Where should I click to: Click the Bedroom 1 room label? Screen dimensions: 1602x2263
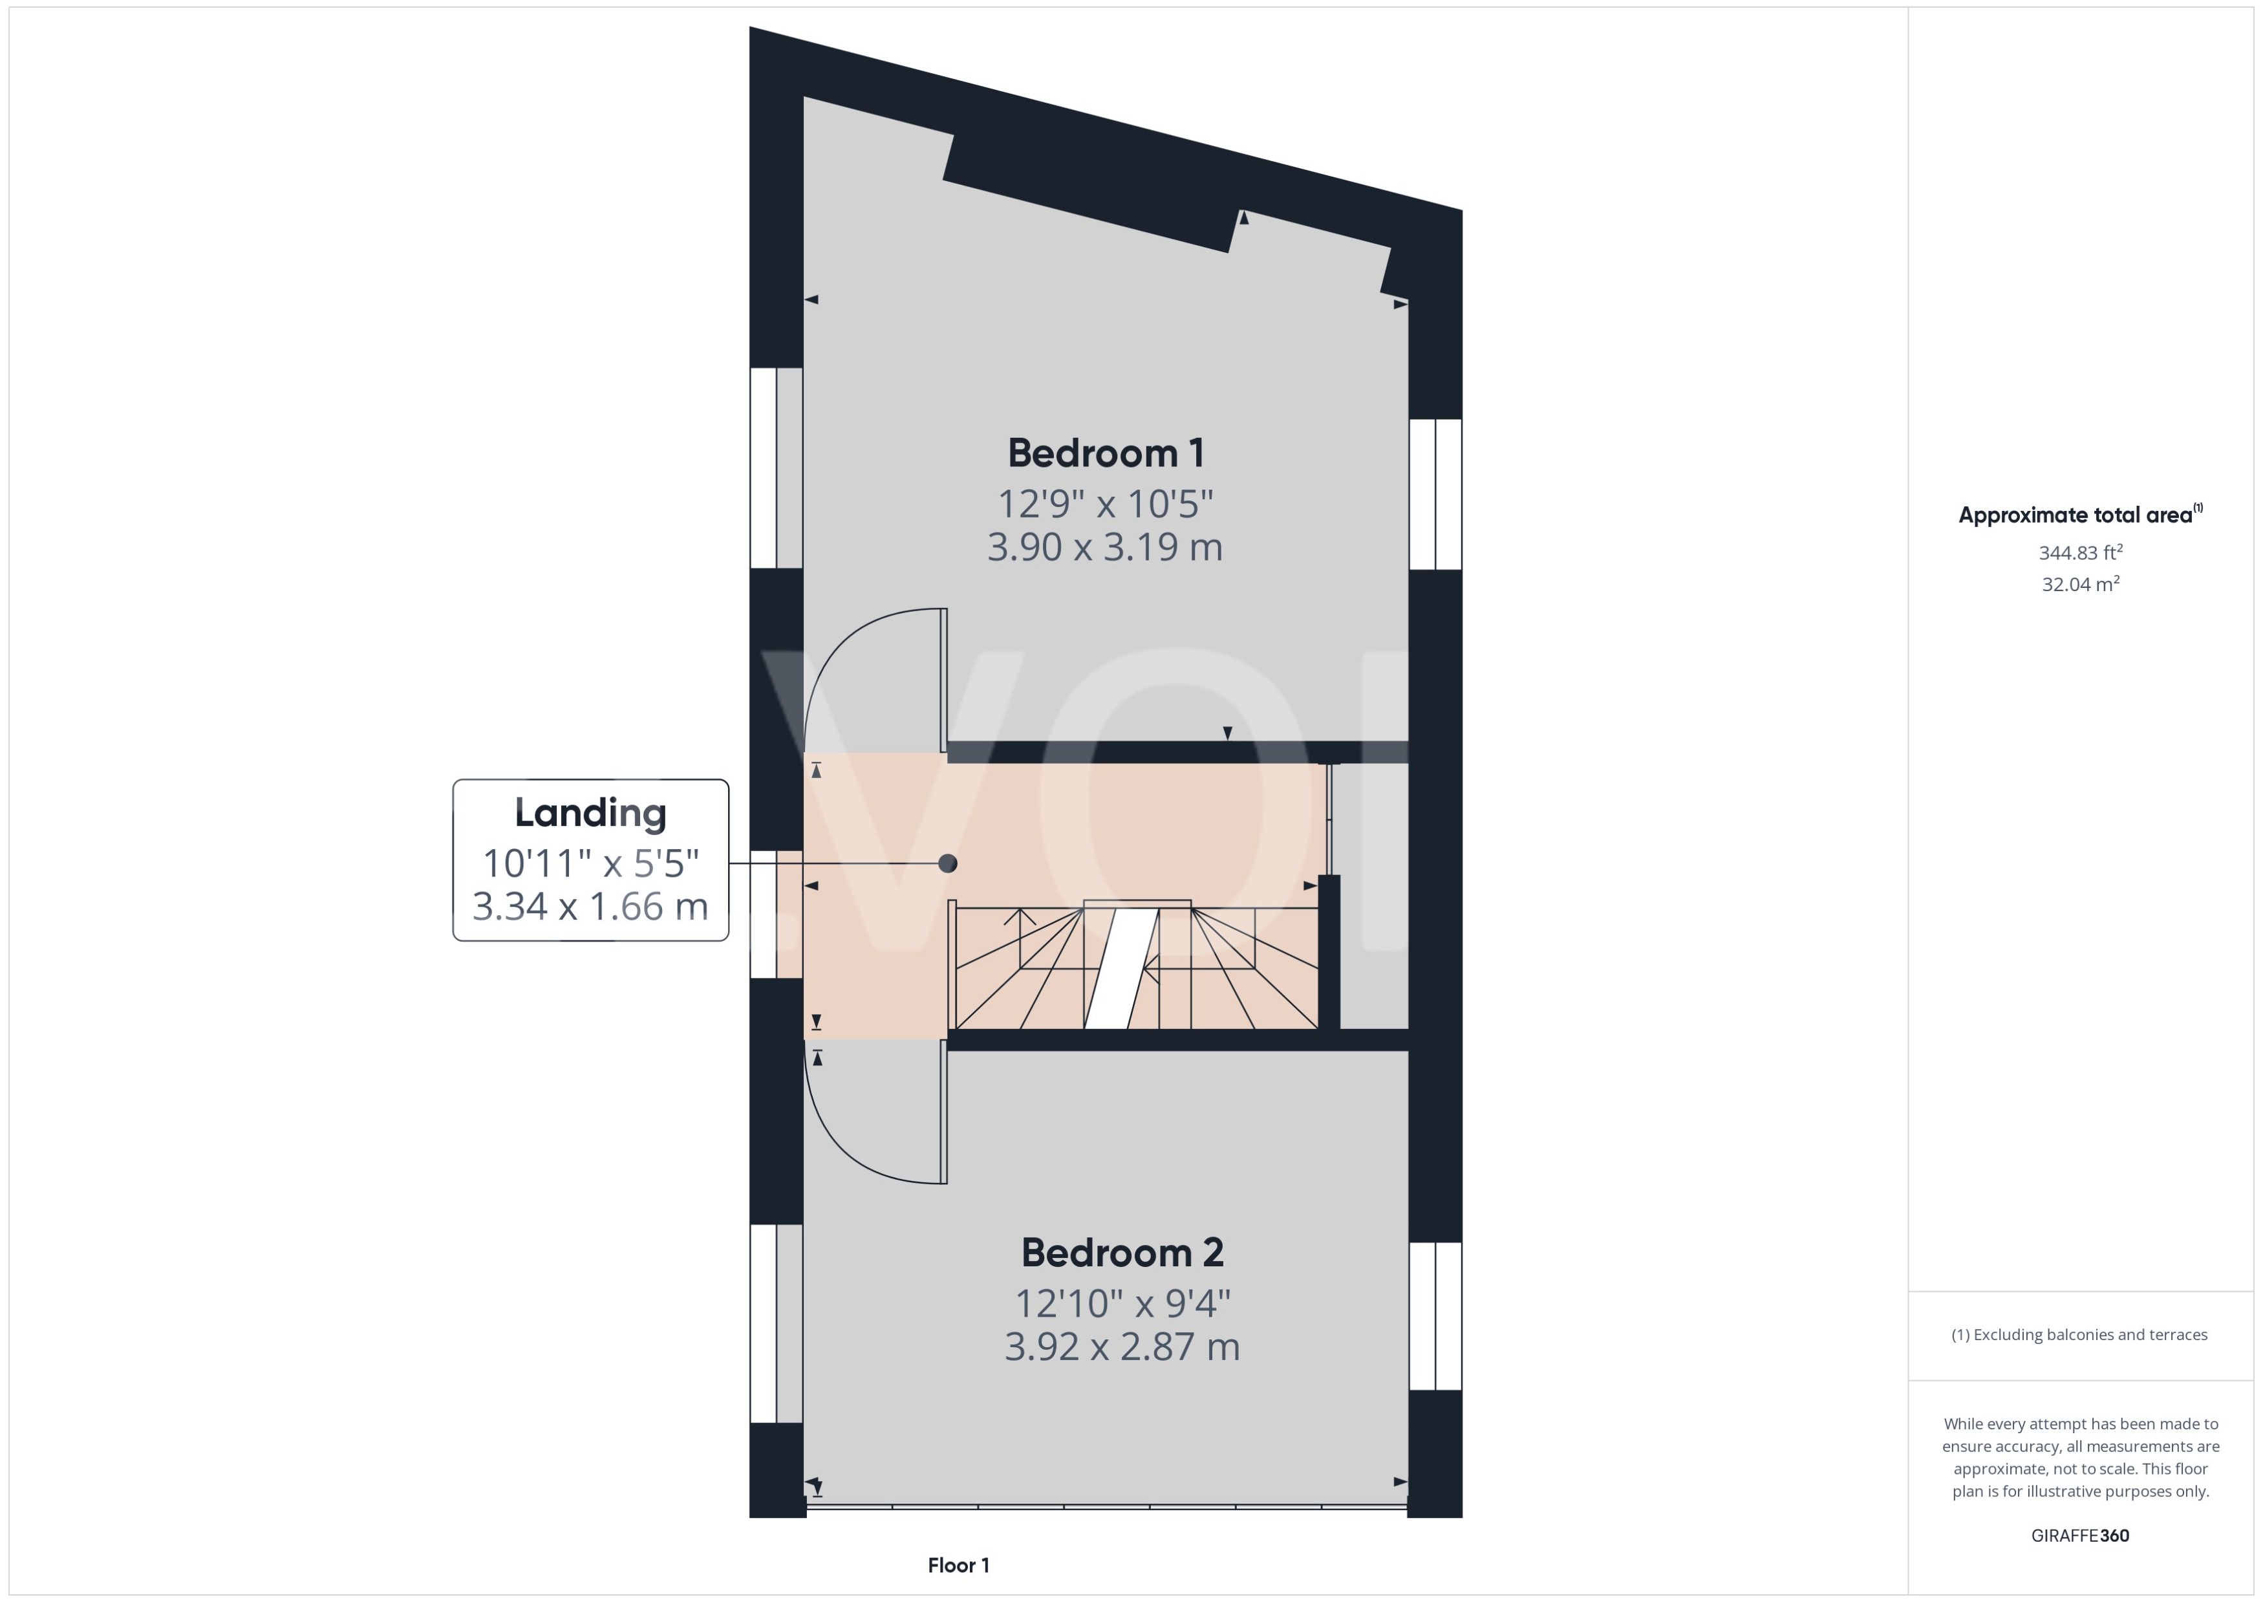pyautogui.click(x=1106, y=453)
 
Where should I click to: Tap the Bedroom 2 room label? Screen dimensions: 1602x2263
pyautogui.click(x=1122, y=1252)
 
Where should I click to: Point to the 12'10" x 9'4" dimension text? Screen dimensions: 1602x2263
pyautogui.click(x=1122, y=1303)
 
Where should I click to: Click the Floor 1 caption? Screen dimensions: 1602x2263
pyautogui.click(x=958, y=1564)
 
